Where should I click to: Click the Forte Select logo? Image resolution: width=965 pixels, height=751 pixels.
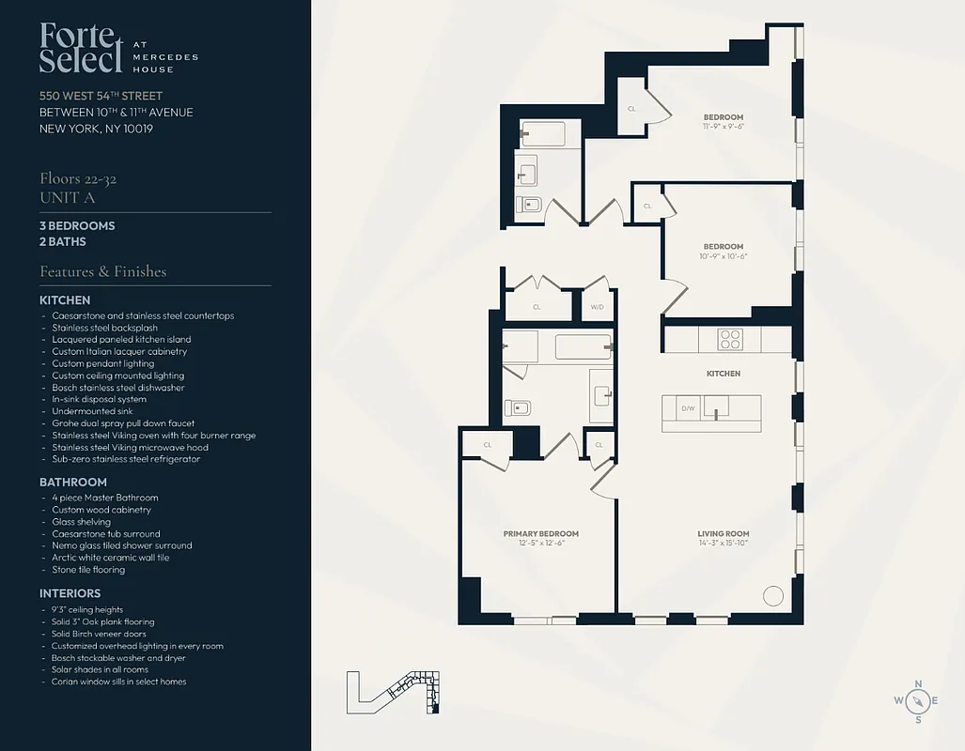82,49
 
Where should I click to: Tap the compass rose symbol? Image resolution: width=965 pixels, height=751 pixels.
918,700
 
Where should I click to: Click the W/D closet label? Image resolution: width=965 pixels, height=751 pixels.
597,307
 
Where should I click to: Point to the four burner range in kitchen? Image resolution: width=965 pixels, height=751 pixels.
730,339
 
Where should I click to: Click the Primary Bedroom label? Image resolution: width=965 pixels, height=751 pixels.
540,533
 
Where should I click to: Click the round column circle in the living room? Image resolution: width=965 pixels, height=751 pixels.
772,596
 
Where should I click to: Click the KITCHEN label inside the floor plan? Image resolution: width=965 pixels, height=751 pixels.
724,374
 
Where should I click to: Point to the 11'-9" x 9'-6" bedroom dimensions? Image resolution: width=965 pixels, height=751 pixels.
724,126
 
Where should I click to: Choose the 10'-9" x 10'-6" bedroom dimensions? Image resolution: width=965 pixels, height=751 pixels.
724,256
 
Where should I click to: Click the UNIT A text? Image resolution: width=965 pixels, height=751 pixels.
68,197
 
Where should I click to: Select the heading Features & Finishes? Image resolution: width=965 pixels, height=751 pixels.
102,271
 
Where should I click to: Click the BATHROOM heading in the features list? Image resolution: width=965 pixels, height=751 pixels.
73,482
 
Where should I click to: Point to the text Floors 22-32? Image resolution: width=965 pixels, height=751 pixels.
78,178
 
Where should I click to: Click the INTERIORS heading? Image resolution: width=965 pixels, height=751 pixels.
70,593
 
